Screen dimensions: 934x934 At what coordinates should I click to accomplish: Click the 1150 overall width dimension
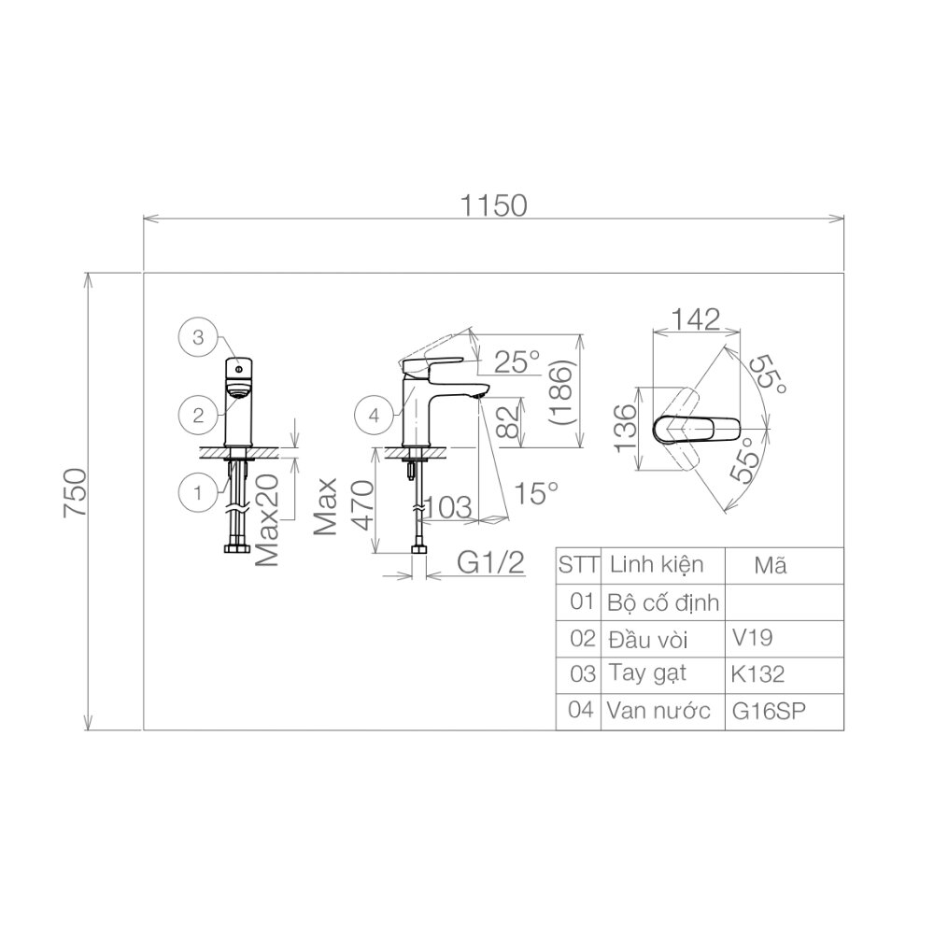click(x=490, y=204)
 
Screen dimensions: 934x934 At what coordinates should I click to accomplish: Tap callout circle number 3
click(x=198, y=338)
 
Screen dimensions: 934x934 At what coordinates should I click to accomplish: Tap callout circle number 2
click(x=198, y=415)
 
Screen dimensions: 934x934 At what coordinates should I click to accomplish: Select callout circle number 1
click(x=198, y=489)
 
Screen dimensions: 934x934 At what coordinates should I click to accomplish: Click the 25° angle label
click(x=517, y=361)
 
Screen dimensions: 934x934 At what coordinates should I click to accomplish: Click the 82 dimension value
click(x=506, y=421)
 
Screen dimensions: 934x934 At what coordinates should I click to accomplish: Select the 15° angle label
click(x=539, y=492)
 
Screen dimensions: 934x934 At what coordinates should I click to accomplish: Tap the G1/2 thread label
click(x=489, y=562)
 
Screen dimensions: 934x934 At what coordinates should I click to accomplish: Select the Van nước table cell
click(x=660, y=710)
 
